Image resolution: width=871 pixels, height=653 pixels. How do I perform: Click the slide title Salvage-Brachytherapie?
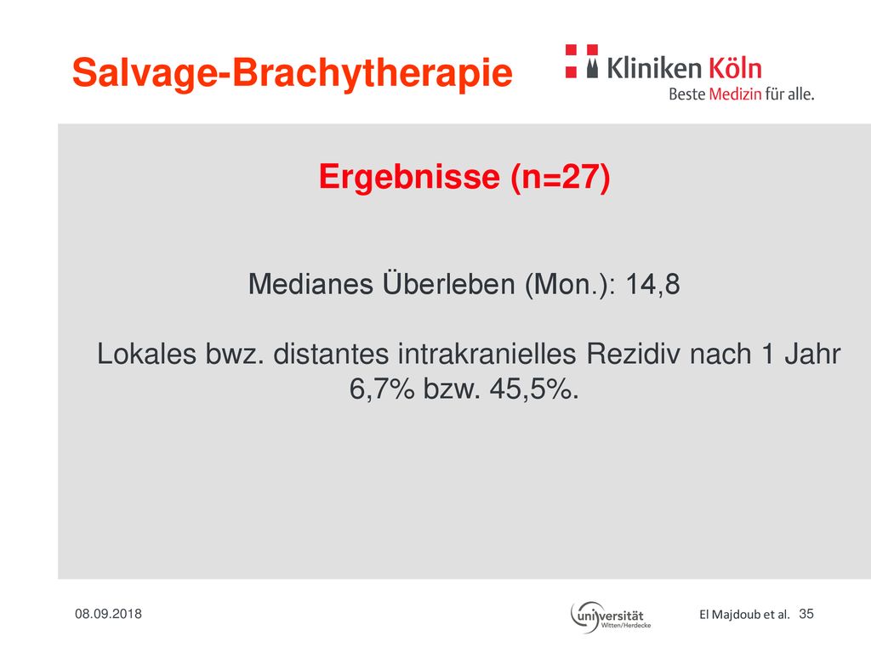coord(293,74)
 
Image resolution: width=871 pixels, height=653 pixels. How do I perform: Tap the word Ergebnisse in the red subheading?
coord(409,177)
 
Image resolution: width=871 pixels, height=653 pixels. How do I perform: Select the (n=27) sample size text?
coord(561,178)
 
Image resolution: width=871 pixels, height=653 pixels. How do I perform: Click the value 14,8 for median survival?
coord(652,284)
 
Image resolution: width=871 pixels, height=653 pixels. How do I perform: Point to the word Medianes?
coord(310,284)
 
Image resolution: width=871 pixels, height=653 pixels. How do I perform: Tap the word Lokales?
coord(146,354)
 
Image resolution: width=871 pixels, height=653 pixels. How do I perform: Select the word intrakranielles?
coord(487,354)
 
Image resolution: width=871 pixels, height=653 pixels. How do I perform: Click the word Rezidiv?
coord(633,354)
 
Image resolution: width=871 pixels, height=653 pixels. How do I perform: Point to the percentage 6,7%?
coord(382,389)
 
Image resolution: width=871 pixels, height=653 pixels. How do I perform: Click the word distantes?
coord(331,354)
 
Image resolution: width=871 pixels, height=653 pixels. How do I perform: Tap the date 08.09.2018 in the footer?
coord(108,614)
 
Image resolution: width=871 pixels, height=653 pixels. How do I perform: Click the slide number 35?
coord(806,614)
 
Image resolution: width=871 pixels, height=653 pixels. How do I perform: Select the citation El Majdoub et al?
coord(744,614)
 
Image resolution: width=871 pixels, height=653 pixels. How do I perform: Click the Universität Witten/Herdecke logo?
coord(611,617)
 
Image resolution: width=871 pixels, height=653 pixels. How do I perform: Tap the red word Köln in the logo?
coord(735,68)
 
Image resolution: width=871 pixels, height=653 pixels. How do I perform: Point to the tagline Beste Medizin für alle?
coord(742,94)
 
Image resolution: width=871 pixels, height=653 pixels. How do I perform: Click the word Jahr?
coord(812,354)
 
